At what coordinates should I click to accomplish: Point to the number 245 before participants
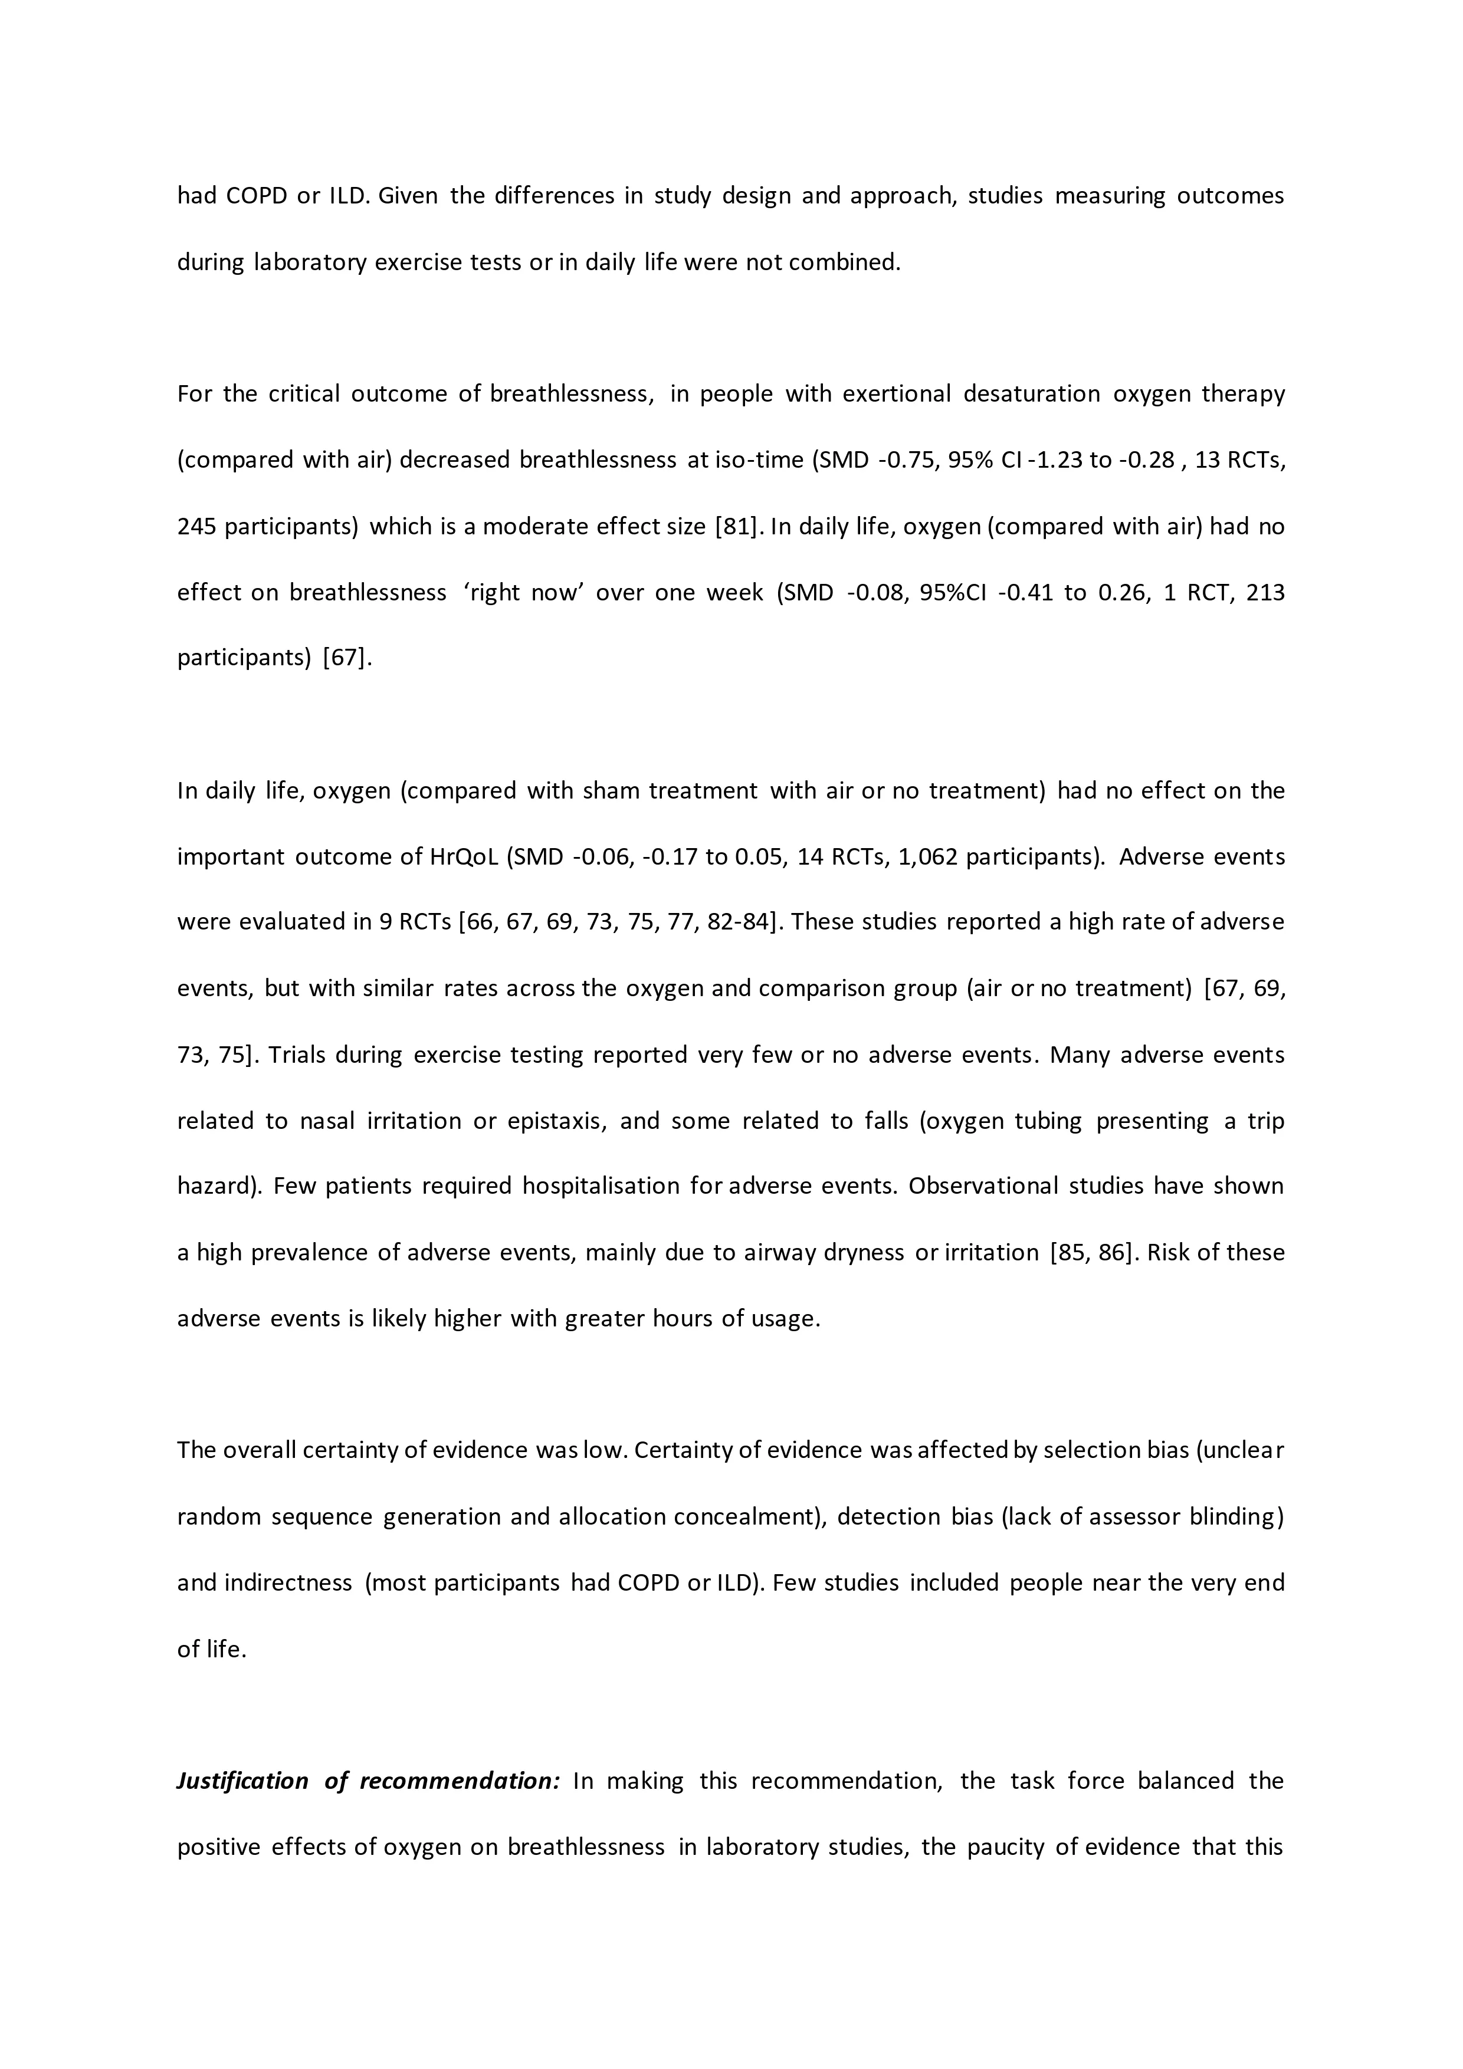pos(196,526)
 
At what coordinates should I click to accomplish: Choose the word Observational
pos(983,1187)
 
